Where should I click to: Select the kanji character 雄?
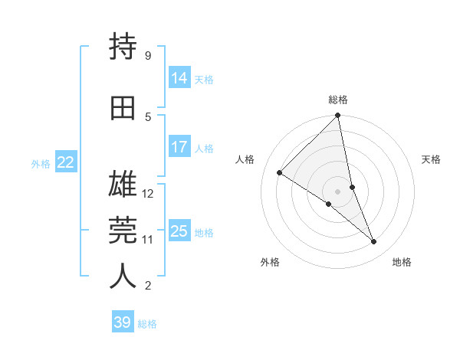(x=123, y=184)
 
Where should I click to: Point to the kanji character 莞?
(x=123, y=231)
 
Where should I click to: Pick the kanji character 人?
(x=123, y=276)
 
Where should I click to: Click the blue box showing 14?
(x=179, y=78)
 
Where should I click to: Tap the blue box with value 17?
(x=179, y=147)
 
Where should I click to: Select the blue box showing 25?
(x=179, y=231)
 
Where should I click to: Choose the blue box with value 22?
(x=66, y=162)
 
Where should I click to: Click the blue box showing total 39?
(x=123, y=322)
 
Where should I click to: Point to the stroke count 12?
(x=148, y=194)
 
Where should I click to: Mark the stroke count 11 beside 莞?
(x=148, y=240)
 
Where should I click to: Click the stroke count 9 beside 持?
(x=148, y=56)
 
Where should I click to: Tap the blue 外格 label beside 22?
(x=41, y=163)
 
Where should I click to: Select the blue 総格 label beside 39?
(x=147, y=324)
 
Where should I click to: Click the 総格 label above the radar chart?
(x=338, y=100)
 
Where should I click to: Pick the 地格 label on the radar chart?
(x=402, y=262)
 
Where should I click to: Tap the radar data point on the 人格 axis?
(x=280, y=173)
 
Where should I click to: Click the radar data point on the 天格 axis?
(x=352, y=187)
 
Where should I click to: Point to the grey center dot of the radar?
(x=338, y=191)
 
